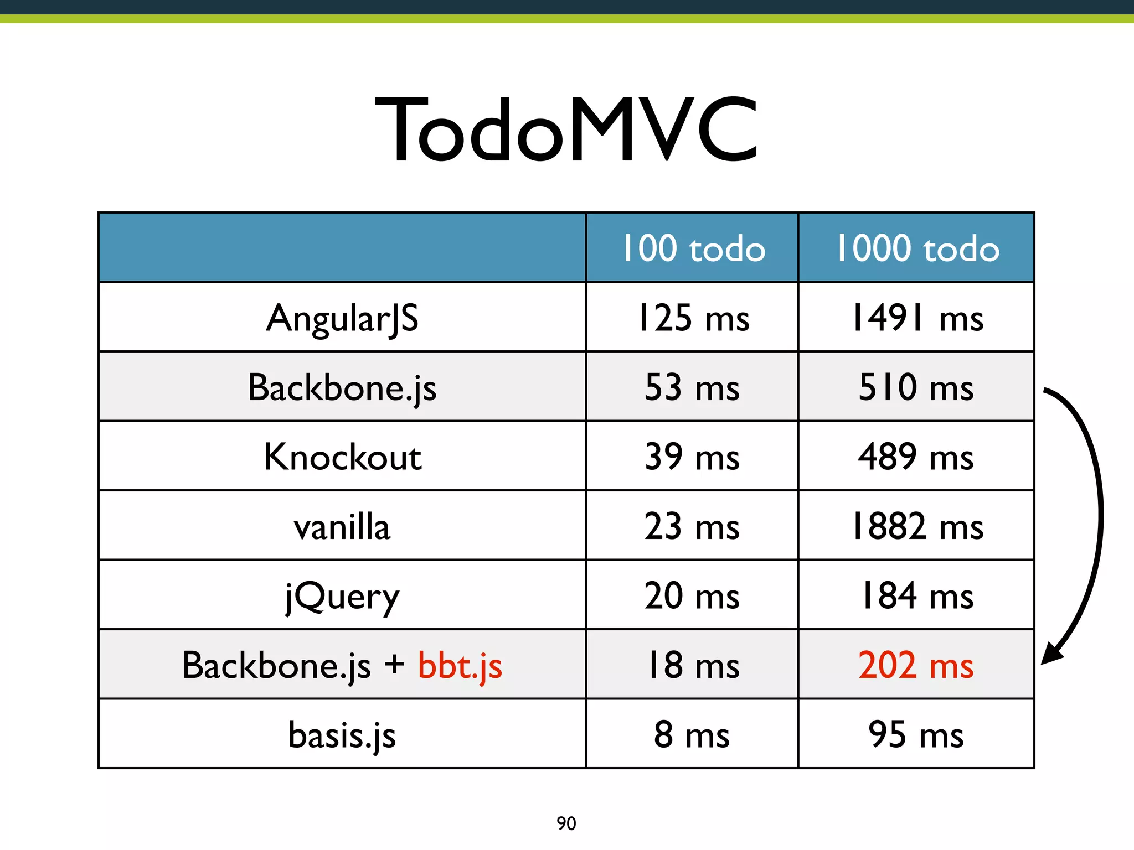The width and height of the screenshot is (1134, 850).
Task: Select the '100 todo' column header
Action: tap(693, 248)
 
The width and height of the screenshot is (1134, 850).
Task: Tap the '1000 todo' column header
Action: tap(917, 248)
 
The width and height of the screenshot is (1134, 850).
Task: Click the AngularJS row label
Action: tap(342, 318)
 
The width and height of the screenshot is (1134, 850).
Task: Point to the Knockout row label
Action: tap(342, 457)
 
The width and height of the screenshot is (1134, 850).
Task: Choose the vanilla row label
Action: tap(342, 527)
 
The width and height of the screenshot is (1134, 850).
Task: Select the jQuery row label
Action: tap(342, 597)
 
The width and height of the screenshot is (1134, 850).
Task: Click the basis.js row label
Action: tap(342, 735)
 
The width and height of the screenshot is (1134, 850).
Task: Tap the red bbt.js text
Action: tap(460, 666)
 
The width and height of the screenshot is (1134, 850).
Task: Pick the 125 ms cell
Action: tap(693, 318)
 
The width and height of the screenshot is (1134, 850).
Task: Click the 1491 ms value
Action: tap(917, 318)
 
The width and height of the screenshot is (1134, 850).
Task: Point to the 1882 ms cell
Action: tap(917, 527)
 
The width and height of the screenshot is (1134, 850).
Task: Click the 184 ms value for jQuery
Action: tap(917, 597)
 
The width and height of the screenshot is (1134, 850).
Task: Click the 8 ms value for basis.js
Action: tap(692, 735)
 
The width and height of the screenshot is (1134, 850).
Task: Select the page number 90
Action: tap(566, 823)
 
